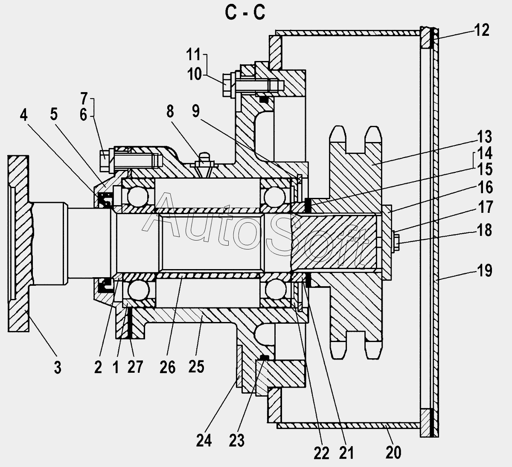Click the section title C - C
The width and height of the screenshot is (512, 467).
pyautogui.click(x=245, y=13)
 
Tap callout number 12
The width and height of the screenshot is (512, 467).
pyautogui.click(x=482, y=30)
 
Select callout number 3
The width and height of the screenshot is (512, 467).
pyautogui.click(x=58, y=368)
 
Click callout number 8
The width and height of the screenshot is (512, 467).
pyautogui.click(x=170, y=111)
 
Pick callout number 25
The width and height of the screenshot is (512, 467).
pyautogui.click(x=196, y=367)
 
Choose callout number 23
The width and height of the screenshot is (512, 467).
pyautogui.click(x=237, y=440)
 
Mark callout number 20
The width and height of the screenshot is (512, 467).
pyautogui.click(x=393, y=452)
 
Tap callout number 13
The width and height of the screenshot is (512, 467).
pyautogui.click(x=484, y=137)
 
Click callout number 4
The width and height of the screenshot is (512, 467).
pyautogui.click(x=24, y=115)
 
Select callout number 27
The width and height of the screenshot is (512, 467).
pyautogui.click(x=135, y=367)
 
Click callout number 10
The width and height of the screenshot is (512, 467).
pyautogui.click(x=195, y=74)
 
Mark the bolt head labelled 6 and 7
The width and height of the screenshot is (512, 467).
pyautogui.click(x=104, y=161)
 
